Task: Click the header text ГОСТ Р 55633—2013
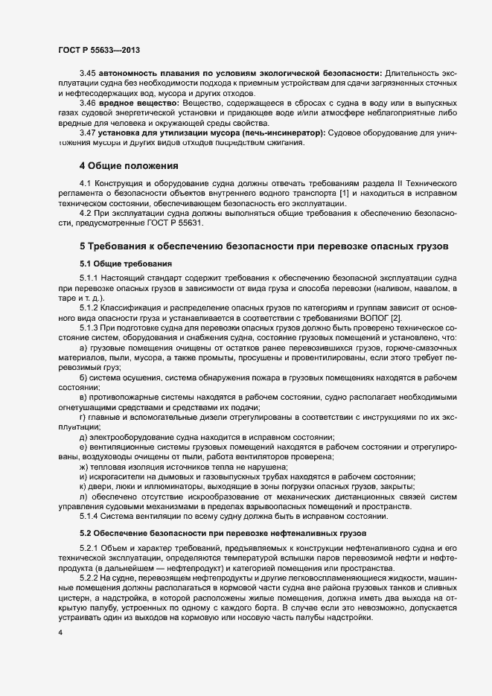coord(99,50)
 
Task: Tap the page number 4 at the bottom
coord(60,632)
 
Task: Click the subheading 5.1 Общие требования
coord(126,264)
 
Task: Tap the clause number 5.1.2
coord(90,308)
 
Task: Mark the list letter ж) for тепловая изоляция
coord(83,465)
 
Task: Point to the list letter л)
coord(83,497)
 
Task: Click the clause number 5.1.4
coord(90,516)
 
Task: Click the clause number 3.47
coord(88,132)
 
